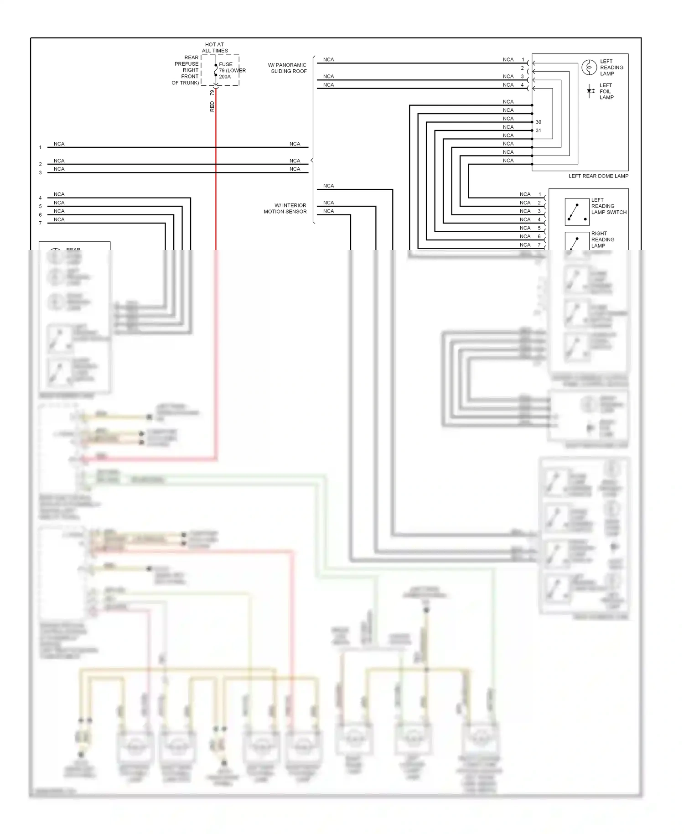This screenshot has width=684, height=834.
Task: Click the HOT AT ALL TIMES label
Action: (215, 48)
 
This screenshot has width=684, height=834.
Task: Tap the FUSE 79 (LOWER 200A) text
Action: (232, 70)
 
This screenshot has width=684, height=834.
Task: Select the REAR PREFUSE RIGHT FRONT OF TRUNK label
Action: (186, 70)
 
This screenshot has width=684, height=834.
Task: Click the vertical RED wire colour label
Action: (212, 107)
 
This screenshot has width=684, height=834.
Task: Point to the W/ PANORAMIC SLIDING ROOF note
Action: (288, 68)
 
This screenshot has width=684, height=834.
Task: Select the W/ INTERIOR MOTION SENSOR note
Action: (285, 208)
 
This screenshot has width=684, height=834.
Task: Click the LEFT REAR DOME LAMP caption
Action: (598, 176)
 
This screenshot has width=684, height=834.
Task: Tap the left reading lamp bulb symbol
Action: (589, 68)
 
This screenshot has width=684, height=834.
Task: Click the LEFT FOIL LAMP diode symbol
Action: (591, 91)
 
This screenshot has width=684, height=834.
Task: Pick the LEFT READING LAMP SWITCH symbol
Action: (576, 212)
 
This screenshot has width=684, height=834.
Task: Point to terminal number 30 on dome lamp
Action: (539, 122)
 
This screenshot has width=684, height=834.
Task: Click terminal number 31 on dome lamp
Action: (539, 130)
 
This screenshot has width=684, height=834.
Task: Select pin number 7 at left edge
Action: (40, 223)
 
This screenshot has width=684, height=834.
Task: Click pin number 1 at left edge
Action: (40, 147)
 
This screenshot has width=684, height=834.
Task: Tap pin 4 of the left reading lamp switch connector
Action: (539, 219)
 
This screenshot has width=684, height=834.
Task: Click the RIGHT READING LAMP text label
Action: (602, 240)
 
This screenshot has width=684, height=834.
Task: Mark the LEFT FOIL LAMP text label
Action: (606, 91)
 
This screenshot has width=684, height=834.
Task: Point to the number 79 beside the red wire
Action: (212, 93)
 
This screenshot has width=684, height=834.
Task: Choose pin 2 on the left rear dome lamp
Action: (523, 68)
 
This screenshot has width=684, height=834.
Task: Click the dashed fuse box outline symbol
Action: (220, 70)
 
